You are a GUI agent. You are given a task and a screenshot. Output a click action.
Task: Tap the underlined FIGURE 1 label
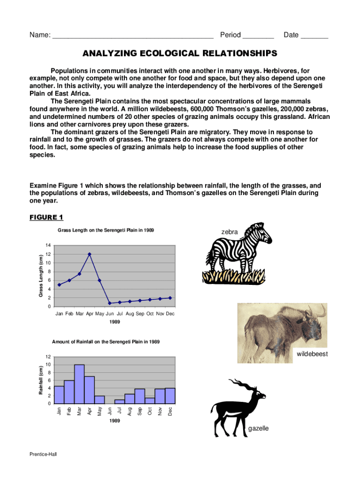tap(46, 217)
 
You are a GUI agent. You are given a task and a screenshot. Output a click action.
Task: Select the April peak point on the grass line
tap(89, 254)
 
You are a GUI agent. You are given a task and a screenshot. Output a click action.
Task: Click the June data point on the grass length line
tap(109, 303)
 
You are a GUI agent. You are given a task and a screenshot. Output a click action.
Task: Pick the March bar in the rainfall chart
tap(79, 384)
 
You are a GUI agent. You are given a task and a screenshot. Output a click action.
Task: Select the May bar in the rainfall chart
tap(99, 399)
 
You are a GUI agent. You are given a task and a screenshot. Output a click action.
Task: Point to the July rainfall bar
tap(119, 401)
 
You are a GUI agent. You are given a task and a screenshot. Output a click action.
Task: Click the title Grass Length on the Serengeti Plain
tap(106, 230)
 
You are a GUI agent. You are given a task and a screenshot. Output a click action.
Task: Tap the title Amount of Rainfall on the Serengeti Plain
tap(106, 342)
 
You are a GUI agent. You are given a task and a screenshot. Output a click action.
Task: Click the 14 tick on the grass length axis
tap(48, 246)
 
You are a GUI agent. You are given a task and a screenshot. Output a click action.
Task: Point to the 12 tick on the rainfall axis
tap(48, 357)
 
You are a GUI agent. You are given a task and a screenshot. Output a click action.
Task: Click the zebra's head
tap(262, 234)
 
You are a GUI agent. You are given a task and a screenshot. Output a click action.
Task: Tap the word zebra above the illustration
tap(230, 232)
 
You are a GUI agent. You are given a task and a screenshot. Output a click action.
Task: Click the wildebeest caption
tap(312, 354)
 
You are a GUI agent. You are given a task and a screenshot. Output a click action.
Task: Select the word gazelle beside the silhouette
tap(259, 428)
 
